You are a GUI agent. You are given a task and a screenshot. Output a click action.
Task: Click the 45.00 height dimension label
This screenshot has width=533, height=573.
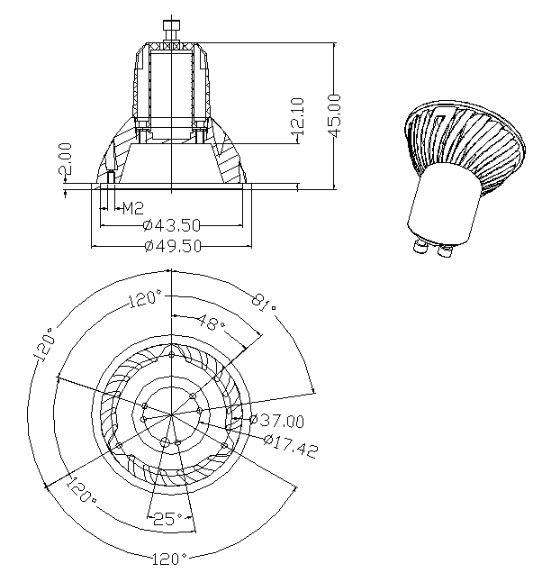tap(334, 115)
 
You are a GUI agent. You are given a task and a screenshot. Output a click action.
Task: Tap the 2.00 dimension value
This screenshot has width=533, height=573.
tap(66, 159)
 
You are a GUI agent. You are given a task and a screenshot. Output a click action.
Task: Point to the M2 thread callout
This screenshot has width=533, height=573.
tap(133, 208)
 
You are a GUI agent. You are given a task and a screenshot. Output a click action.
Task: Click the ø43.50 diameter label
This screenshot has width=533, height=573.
tap(172, 225)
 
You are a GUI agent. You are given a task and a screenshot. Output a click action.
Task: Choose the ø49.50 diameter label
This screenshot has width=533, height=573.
tap(173, 246)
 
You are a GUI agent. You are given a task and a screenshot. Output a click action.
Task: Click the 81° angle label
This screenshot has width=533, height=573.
tap(264, 303)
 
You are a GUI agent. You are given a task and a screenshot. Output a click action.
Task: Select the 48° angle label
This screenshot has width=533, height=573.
tap(212, 323)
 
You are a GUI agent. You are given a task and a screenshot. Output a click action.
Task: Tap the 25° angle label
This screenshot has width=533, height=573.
tap(167, 518)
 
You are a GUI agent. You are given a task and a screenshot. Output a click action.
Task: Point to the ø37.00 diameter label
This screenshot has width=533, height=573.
tap(276, 420)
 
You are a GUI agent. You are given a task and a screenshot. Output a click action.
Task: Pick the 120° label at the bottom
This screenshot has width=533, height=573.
tap(169, 559)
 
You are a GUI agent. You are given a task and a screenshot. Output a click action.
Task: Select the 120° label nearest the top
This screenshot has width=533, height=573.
tap(145, 298)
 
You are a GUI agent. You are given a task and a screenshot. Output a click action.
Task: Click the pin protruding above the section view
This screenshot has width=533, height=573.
tap(171, 32)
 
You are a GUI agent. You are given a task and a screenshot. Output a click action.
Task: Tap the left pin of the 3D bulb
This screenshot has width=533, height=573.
tap(420, 246)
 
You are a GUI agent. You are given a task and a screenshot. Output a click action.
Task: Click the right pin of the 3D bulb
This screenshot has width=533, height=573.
tap(445, 251)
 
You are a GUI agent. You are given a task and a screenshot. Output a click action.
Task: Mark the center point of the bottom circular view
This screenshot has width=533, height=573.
tap(172, 414)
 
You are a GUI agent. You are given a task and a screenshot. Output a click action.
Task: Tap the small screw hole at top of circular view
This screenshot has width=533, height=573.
tap(172, 353)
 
